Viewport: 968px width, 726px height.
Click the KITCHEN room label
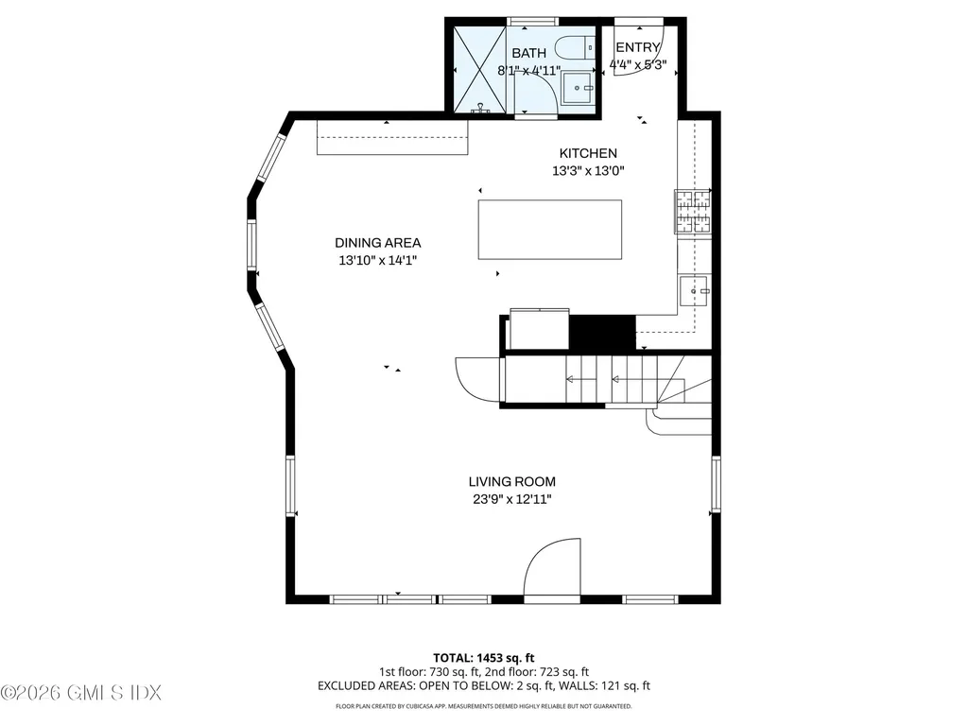588,153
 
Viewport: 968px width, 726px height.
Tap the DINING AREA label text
377,242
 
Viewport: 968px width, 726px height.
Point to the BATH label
528,53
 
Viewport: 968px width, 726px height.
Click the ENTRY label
637,47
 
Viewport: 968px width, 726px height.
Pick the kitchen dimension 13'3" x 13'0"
588,171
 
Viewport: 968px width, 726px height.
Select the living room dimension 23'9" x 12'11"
511,498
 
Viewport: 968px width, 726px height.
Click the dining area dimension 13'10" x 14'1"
377,260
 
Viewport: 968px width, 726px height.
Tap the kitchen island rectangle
550,229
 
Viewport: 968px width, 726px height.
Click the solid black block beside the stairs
602,333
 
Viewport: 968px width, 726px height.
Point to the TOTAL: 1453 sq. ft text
483,657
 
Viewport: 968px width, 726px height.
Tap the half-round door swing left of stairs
478,379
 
